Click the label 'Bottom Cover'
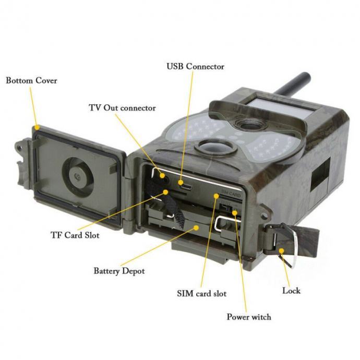click(31, 80)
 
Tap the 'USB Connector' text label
click(195, 67)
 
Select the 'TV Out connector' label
click(123, 108)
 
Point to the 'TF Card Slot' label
click(75, 235)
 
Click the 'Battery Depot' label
click(119, 271)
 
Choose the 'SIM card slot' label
click(202, 293)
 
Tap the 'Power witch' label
click(249, 317)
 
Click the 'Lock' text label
click(291, 291)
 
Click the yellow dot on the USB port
click(181, 183)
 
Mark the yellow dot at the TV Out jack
click(162, 176)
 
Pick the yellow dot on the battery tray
click(196, 227)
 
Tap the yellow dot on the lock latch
click(282, 250)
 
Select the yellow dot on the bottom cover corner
click(37, 127)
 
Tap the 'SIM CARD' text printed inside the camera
click(231, 194)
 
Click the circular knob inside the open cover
click(78, 177)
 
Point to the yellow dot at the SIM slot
click(216, 196)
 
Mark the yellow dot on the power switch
click(234, 213)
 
